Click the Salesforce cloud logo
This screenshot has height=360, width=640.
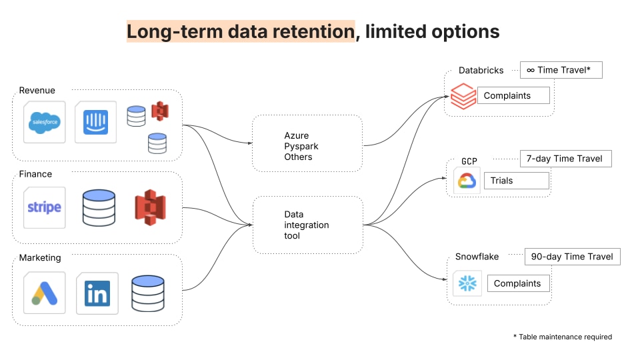point(45,122)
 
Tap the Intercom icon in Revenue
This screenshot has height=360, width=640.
point(95,122)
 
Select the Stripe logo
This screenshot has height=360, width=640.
point(45,207)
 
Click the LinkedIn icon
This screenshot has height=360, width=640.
point(97,293)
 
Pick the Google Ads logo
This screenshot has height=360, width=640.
point(45,293)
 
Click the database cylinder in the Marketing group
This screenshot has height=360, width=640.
point(148,293)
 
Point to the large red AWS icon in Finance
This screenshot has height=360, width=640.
point(150,207)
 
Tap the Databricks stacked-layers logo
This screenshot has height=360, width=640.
point(463,96)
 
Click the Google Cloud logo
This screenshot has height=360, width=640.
point(467,181)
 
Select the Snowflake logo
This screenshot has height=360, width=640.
point(467,283)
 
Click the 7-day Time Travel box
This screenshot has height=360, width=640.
point(566,159)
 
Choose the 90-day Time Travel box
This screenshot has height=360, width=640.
point(572,256)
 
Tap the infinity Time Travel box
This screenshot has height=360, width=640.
point(561,70)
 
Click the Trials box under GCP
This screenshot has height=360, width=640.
point(517,181)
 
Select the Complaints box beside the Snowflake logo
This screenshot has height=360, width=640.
point(519,283)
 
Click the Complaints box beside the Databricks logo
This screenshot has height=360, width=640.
point(513,95)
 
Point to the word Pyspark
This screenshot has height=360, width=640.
point(301,146)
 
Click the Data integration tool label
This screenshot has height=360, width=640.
point(307,225)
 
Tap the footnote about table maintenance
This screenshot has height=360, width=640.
point(563,337)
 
